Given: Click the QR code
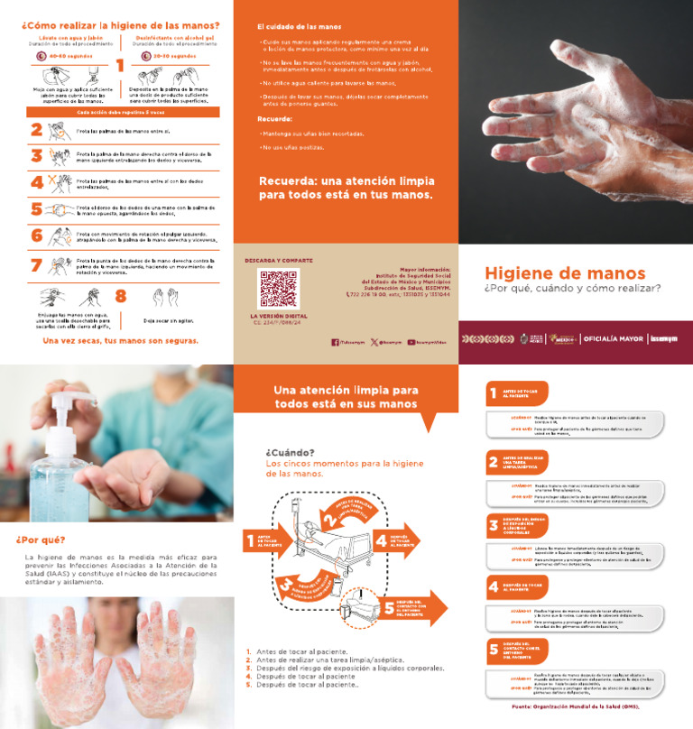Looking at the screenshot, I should click(x=278, y=289).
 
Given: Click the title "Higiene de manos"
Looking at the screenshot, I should click(x=565, y=272).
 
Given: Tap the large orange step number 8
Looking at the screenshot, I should click(x=120, y=295).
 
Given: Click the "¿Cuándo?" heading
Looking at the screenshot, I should click(x=290, y=452).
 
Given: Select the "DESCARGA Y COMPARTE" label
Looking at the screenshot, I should click(x=279, y=261).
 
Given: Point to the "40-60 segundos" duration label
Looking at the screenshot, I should click(x=69, y=57).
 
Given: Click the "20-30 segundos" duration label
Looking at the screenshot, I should click(x=174, y=57).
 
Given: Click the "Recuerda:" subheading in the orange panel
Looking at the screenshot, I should click(x=274, y=119).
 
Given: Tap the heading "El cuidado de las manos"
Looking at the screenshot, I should click(x=299, y=27).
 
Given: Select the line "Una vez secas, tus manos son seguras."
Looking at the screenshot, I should click(x=120, y=341).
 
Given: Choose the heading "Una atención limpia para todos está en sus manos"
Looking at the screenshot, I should click(x=346, y=397).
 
